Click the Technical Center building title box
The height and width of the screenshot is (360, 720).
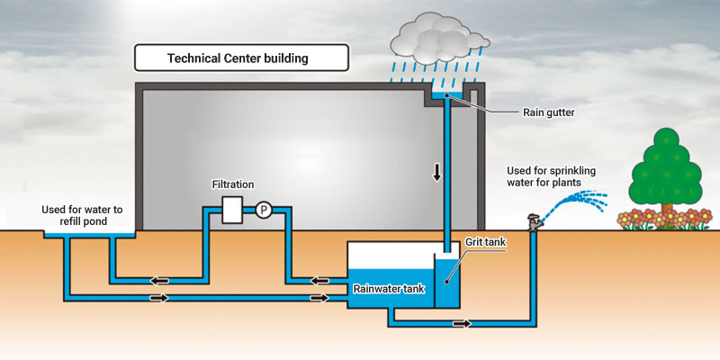click(241, 58)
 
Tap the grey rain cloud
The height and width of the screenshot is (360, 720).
click(438, 38)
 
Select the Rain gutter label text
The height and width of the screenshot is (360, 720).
click(549, 112)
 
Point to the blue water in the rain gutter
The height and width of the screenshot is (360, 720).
click(447, 95)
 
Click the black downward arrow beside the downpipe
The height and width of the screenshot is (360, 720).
click(436, 172)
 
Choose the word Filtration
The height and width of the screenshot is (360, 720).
click(233, 184)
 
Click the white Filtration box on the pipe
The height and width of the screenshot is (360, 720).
click(232, 210)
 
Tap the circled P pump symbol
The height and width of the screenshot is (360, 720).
click(264, 211)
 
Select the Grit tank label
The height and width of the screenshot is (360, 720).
click(485, 242)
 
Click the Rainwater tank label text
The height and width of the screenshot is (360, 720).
click(389, 289)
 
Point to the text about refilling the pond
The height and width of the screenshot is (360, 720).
click(82, 215)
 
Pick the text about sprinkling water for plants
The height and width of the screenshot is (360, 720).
click(551, 176)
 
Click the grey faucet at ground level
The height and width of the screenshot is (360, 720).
click(535, 222)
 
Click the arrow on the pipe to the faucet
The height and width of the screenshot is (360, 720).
click(462, 324)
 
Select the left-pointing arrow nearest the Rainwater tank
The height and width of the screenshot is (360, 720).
click(319, 281)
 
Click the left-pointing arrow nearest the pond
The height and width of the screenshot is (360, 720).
click(160, 281)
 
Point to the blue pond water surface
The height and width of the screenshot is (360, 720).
click(89, 235)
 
